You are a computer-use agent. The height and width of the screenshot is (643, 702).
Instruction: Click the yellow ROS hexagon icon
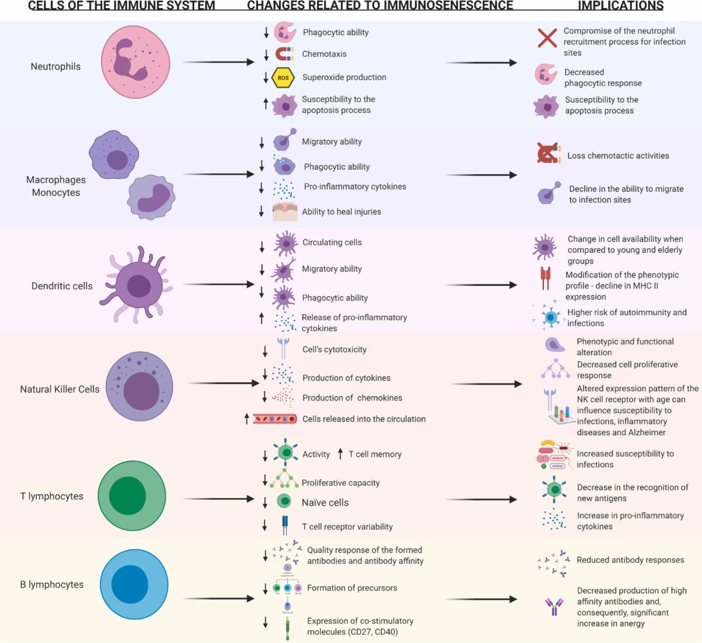pos(283,77)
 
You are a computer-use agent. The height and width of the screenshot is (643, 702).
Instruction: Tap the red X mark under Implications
pos(547,39)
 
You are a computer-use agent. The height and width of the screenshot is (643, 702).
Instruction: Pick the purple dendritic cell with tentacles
pos(137,285)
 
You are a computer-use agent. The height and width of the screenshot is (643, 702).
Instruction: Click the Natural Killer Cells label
pos(60,389)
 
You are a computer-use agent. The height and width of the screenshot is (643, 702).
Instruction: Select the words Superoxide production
pos(344,77)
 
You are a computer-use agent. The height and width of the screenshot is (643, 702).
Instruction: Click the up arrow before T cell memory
pos(340,454)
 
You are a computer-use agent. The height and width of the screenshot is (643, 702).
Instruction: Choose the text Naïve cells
pos(325,503)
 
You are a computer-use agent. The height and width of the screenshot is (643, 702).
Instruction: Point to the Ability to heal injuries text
pos(342,212)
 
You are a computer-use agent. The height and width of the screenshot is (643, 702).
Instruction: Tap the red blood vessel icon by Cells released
pos(275,419)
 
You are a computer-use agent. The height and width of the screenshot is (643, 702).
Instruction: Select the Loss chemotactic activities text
pos(618,156)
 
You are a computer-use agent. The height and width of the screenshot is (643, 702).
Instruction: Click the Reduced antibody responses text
pos(630,560)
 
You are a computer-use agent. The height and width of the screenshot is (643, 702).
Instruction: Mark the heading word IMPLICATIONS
pos(621,6)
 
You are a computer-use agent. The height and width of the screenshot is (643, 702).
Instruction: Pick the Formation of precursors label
pos(352,588)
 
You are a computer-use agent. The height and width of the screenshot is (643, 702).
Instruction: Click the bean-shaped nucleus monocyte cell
pos(152,197)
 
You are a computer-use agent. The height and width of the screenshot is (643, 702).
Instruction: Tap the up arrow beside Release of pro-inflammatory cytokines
pos(261,318)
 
